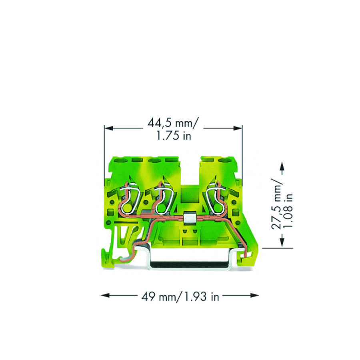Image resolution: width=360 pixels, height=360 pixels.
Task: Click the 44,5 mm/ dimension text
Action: coord(172,123)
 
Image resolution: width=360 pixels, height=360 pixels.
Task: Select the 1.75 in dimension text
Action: coord(174,136)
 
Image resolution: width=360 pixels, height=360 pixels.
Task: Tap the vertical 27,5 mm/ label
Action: coord(276,204)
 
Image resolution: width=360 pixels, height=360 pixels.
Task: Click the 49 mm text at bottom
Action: coord(158,297)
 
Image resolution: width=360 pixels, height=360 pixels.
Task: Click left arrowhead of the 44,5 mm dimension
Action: coord(109,128)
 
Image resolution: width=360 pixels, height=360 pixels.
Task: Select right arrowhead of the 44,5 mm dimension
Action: coord(238,128)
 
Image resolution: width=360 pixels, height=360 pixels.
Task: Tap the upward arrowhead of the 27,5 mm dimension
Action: coord(282,166)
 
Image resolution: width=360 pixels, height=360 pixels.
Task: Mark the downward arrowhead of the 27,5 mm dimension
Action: coord(282,243)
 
